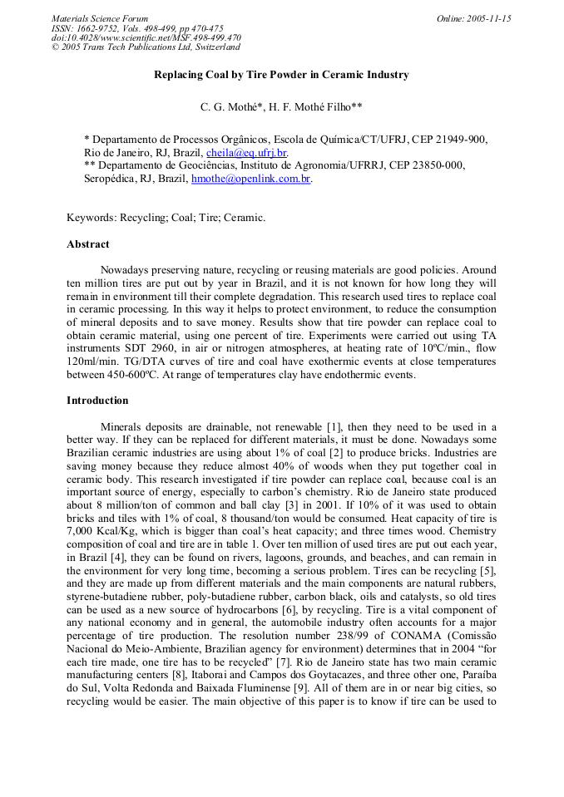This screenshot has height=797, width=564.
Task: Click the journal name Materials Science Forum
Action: point(100,18)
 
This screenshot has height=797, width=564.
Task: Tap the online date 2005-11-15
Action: point(474,18)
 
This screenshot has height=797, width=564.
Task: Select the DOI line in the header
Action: point(146,38)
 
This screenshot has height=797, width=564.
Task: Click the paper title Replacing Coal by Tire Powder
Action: point(281,75)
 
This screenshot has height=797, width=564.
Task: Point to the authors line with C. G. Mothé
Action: point(281,107)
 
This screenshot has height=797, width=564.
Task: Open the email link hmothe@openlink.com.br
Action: point(251,179)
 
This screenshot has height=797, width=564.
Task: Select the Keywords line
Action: point(166,218)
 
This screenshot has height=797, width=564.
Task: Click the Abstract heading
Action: point(88,244)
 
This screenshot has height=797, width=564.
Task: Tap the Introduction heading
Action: point(97,401)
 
